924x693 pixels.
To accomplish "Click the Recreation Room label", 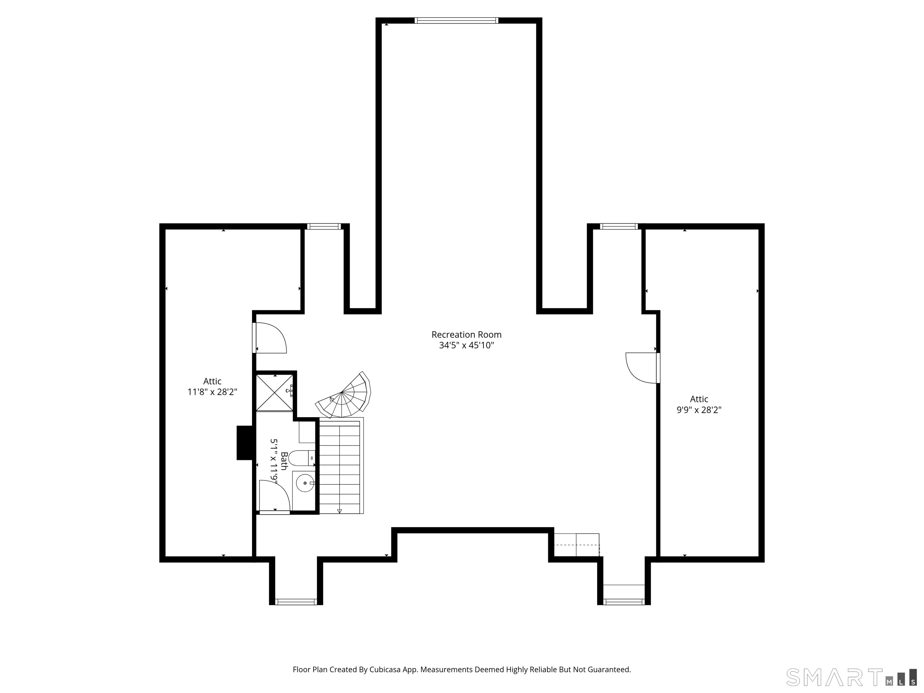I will tap(466, 334).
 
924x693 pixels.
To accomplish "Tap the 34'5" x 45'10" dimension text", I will tap(466, 346).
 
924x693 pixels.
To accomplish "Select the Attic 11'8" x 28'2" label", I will tap(212, 387).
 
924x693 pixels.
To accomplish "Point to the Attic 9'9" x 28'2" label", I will tap(699, 404).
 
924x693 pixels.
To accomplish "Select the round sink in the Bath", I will tap(305, 483).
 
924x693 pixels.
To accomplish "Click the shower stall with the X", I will tap(274, 392).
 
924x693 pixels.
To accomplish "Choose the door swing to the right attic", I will tap(641, 368).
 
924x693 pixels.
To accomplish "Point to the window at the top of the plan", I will tap(456, 20).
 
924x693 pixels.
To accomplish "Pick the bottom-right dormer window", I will tap(624, 602).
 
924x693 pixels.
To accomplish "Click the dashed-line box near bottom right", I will tap(577, 545).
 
